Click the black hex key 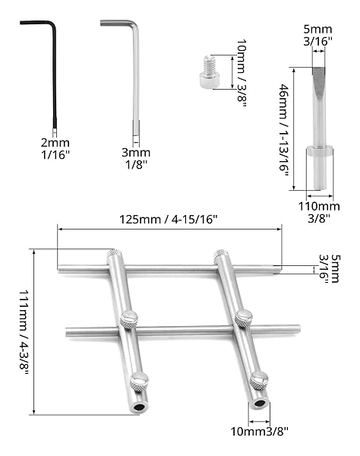55,73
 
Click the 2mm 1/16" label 55,149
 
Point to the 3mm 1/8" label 136,159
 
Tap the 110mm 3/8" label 319,212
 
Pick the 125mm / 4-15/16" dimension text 169,220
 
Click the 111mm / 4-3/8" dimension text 24,334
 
